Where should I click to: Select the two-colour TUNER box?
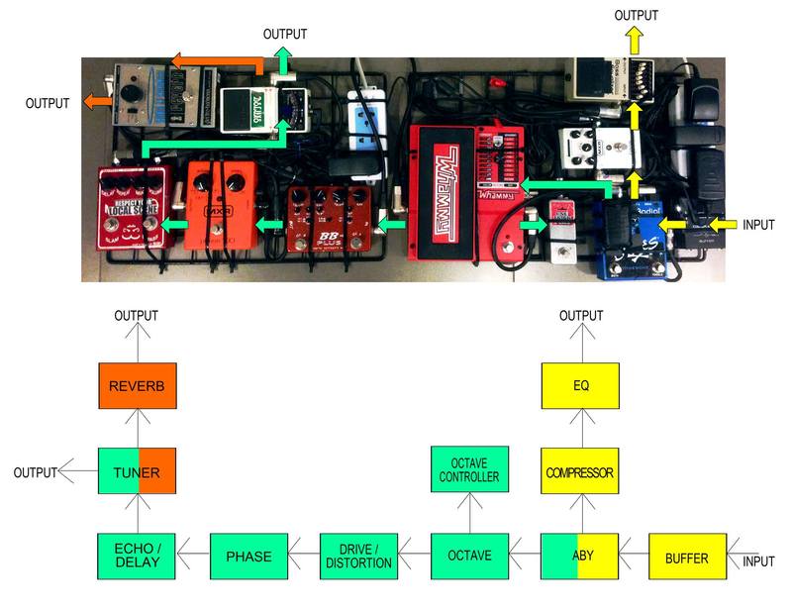point(138,472)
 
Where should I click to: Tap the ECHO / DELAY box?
point(138,557)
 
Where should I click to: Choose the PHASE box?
point(248,557)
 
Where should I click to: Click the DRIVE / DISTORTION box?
point(358,557)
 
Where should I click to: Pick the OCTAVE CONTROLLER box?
point(469,472)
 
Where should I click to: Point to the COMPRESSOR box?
point(580,472)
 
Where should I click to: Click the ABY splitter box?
point(580,557)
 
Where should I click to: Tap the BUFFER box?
point(687,557)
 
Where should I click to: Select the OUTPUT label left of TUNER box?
point(35,473)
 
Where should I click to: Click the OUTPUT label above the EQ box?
point(580,316)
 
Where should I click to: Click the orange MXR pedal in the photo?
point(219,208)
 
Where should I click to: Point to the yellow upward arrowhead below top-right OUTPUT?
point(635,40)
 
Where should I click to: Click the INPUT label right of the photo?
point(758,225)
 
